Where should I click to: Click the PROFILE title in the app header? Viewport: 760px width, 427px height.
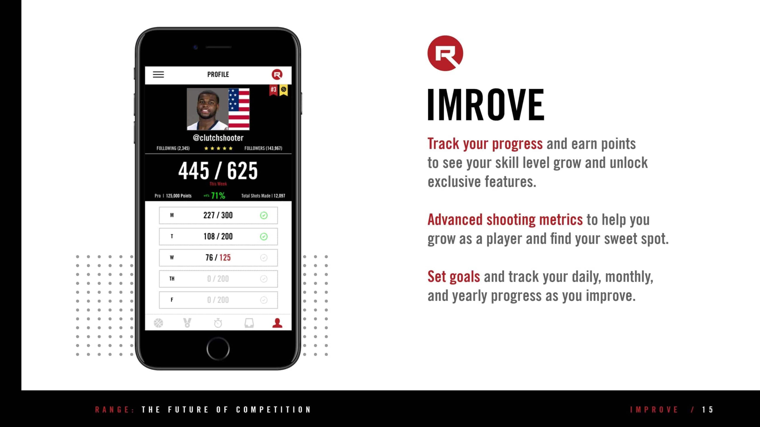point(218,74)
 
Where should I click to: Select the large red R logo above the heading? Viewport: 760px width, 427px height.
point(445,53)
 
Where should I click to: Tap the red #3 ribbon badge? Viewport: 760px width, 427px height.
point(274,90)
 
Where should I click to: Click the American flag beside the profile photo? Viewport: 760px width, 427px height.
point(239,109)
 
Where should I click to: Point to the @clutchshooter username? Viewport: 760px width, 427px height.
point(218,138)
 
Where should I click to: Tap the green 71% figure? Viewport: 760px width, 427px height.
point(218,196)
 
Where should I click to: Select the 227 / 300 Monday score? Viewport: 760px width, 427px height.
point(218,215)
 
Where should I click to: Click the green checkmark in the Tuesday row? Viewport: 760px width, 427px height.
point(264,236)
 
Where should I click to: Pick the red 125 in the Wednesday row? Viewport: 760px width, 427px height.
point(225,258)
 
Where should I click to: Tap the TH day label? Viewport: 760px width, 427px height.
point(172,279)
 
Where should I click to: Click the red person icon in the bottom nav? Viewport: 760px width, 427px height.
point(277,323)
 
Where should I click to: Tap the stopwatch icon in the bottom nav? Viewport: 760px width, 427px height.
point(218,323)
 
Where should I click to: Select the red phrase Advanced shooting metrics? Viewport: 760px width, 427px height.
point(505,220)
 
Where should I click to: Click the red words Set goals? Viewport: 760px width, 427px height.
point(454,277)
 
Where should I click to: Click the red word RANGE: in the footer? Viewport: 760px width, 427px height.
point(115,410)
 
